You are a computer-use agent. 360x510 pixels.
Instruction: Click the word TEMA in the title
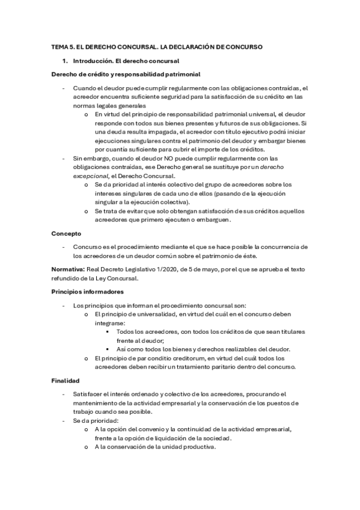pyautogui.click(x=59, y=46)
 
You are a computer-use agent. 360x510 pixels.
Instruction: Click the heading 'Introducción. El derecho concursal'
pyautogui.click(x=126, y=61)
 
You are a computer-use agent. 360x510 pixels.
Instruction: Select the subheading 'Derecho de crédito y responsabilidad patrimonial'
pyautogui.click(x=118, y=74)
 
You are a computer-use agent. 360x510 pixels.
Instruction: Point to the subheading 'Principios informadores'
pyautogui.click(x=88, y=292)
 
